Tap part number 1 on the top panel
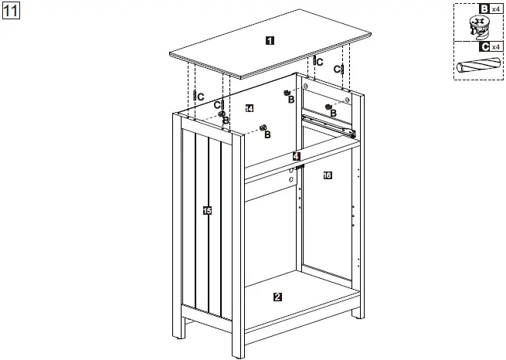pyautogui.click(x=268, y=40)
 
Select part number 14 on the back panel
pyautogui.click(x=249, y=108)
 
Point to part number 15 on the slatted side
pyautogui.click(x=206, y=211)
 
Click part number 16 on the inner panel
pyautogui.click(x=327, y=175)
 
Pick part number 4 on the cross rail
pyautogui.click(x=296, y=156)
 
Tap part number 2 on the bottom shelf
pyautogui.click(x=277, y=296)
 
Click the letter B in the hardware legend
pyautogui.click(x=484, y=8)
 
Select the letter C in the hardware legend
pyautogui.click(x=484, y=46)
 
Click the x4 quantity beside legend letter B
pyautogui.click(x=496, y=8)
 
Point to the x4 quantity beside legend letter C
pyautogui.click(x=496, y=46)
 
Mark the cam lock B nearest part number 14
pyautogui.click(x=263, y=127)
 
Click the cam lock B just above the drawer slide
pyautogui.click(x=328, y=107)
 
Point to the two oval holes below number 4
pyautogui.click(x=290, y=174)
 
